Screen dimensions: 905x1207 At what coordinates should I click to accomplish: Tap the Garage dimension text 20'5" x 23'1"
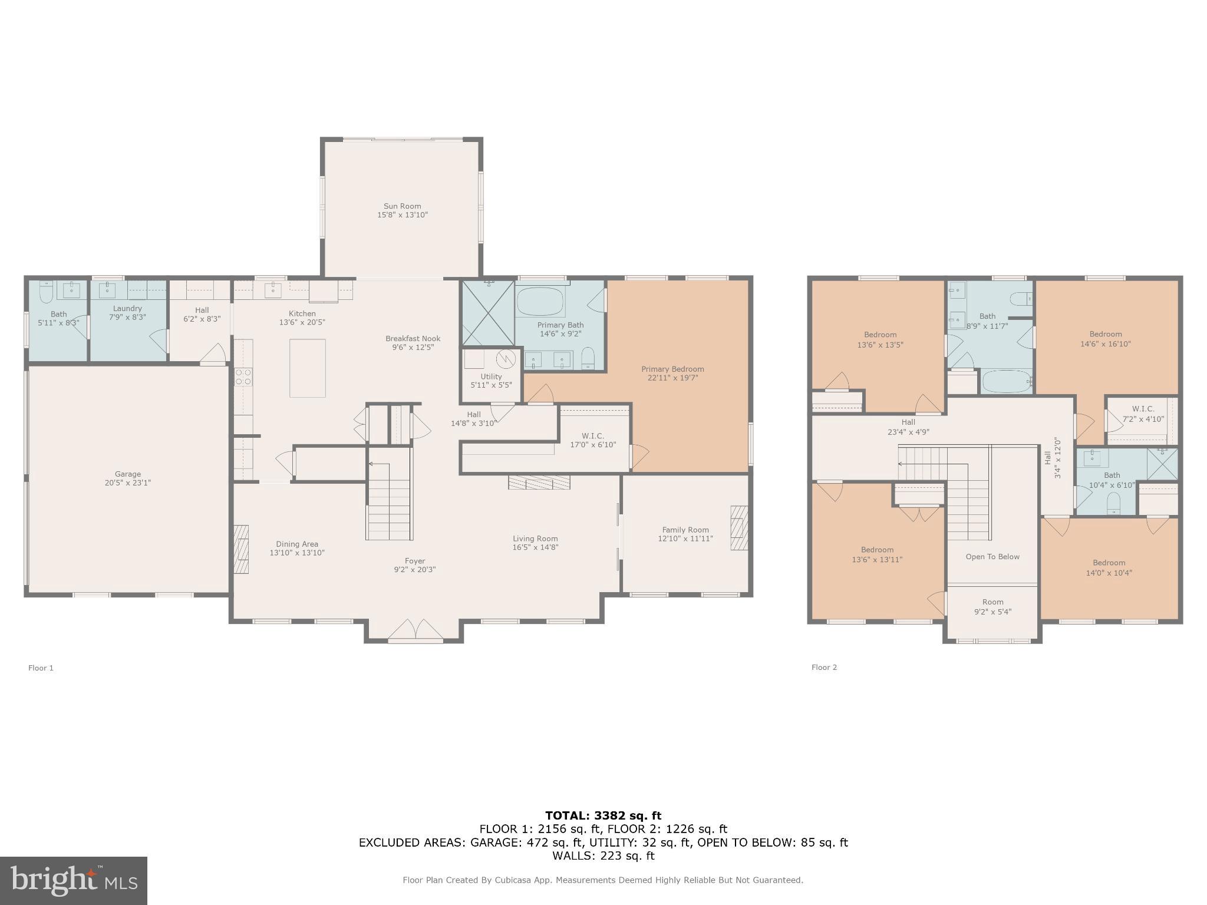(x=127, y=483)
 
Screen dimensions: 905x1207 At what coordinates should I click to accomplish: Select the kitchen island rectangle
(x=307, y=368)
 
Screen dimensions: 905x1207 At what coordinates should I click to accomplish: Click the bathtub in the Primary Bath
(x=540, y=302)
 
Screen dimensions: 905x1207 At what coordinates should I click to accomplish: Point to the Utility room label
(x=491, y=376)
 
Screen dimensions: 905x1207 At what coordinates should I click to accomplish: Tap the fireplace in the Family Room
(x=739, y=527)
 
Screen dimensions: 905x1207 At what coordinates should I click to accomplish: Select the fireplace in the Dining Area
(x=241, y=549)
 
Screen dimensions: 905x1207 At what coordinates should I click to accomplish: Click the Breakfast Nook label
(x=413, y=338)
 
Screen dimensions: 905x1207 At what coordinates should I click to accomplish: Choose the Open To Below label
(x=992, y=556)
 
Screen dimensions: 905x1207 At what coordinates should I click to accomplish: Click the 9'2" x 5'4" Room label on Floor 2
(x=992, y=606)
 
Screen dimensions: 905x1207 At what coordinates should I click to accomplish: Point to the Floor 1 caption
(x=41, y=668)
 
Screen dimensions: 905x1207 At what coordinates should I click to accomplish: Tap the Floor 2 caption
(x=824, y=667)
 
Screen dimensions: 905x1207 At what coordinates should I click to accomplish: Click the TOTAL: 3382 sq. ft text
(x=603, y=815)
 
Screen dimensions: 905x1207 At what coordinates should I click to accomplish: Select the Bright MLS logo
(x=74, y=880)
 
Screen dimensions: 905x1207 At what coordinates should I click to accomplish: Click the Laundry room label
(x=127, y=308)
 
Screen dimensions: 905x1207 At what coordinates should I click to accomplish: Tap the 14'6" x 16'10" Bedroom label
(x=1105, y=339)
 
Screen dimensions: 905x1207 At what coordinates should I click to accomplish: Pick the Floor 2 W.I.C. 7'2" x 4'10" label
(x=1143, y=414)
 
